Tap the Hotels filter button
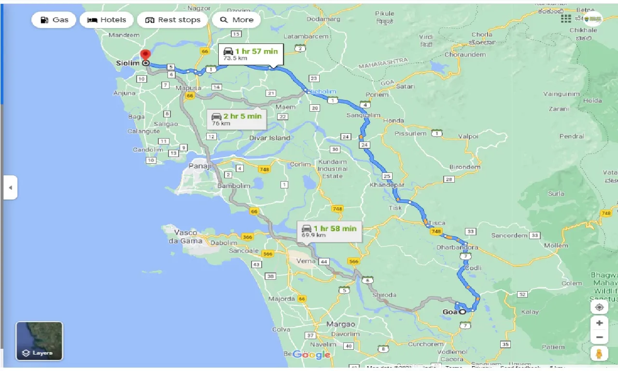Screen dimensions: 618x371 (107, 20)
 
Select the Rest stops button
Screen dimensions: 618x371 (172, 20)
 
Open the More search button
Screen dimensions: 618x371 (237, 20)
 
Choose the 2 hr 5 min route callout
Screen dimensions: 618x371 (237, 119)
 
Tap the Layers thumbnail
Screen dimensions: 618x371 (39, 341)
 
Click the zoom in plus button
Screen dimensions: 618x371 (599, 323)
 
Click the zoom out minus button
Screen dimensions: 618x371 (599, 337)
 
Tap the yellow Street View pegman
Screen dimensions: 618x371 (599, 354)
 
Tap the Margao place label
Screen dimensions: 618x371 (340, 324)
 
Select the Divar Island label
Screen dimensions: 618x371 (270, 138)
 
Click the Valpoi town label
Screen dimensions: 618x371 (468, 136)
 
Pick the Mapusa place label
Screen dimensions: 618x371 (188, 88)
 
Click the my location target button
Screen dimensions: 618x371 (599, 307)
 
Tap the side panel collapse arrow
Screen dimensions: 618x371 (10, 187)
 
